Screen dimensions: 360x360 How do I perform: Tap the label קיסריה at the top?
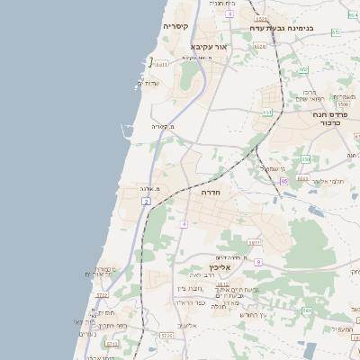click(x=175, y=27)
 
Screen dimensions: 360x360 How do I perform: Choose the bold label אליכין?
click(x=220, y=267)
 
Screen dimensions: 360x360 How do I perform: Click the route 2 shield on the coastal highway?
click(x=145, y=202)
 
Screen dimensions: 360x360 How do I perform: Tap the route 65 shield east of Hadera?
click(x=284, y=181)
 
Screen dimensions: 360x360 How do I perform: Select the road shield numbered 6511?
click(x=161, y=64)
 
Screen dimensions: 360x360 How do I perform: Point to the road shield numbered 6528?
click(x=259, y=46)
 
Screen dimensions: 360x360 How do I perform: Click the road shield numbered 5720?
click(x=166, y=336)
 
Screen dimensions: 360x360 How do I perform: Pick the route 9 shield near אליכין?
click(x=257, y=262)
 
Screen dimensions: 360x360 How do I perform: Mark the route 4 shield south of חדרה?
click(x=184, y=223)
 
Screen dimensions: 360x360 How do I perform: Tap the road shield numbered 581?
click(x=307, y=310)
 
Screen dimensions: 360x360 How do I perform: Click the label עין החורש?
click(x=256, y=315)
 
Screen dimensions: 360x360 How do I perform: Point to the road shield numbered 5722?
click(x=102, y=294)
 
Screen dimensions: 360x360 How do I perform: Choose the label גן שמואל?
click(x=271, y=168)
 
